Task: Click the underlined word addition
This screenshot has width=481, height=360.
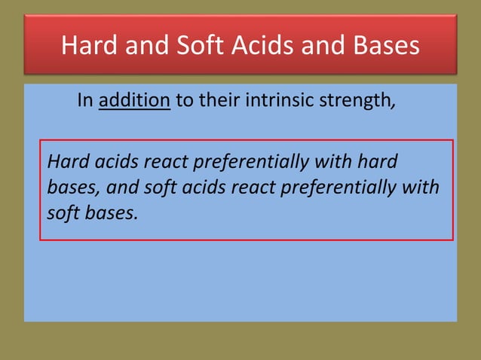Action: click(x=135, y=101)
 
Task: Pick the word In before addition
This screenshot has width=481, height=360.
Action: click(x=85, y=101)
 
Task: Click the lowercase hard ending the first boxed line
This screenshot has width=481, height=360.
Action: click(x=378, y=161)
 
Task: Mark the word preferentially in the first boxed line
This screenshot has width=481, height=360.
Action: click(x=256, y=162)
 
